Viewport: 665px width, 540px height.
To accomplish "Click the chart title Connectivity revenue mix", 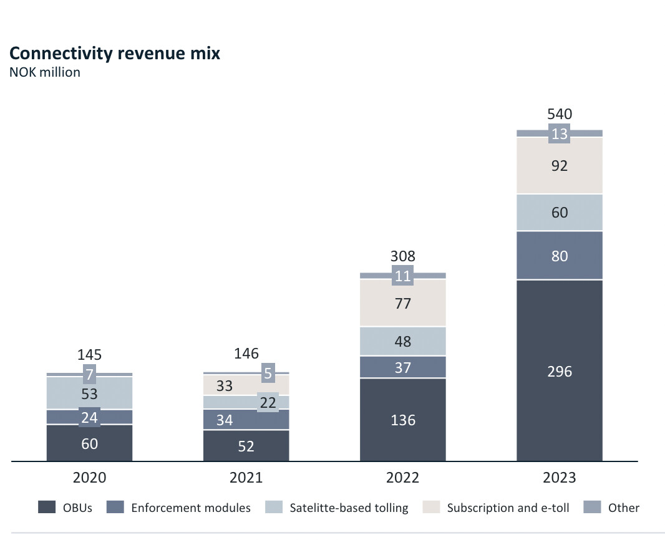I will coord(115,54).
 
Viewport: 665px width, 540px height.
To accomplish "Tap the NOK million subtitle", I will coord(44,72).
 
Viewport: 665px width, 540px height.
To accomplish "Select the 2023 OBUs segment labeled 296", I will coord(560,371).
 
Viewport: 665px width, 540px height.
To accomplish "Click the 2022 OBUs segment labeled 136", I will coord(403,420).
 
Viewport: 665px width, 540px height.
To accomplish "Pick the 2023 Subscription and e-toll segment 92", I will coord(560,166).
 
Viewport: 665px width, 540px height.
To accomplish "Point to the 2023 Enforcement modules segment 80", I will coord(560,256).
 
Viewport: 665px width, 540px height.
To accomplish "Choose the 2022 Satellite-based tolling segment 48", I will coord(403,341).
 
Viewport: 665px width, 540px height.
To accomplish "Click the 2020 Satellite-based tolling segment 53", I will coord(89,393).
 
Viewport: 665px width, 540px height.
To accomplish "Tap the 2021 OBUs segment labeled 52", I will coord(246,445).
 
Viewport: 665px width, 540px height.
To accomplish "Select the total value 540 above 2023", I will coord(560,115).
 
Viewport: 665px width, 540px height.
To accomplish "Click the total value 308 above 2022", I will coord(403,256).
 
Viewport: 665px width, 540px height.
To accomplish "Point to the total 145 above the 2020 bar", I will coord(89,355).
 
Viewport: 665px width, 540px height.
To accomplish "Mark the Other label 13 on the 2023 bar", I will coord(560,133).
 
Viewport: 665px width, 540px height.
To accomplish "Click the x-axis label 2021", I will coord(246,478).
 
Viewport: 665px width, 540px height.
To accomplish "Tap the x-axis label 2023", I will coord(560,478).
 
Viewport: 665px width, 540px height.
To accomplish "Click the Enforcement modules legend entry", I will coord(181,508).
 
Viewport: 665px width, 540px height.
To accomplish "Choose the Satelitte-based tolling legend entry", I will coord(339,508).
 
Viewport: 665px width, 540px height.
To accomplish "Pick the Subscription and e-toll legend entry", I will coord(498,508).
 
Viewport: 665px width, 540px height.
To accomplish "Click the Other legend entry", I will coord(614,508).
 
